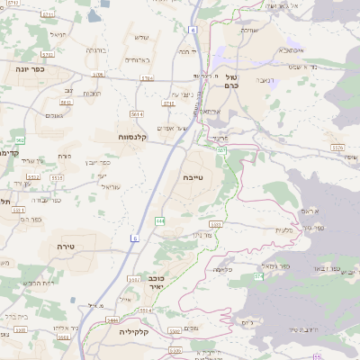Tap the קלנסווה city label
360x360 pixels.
(x=132, y=137)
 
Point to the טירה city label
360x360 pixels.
(x=65, y=246)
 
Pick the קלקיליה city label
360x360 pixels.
(x=132, y=331)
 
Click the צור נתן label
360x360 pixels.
(x=202, y=234)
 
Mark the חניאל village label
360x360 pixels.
(x=58, y=35)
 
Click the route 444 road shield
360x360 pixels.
(x=159, y=220)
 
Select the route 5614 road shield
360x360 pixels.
(x=136, y=115)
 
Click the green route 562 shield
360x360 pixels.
(x=19, y=140)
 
